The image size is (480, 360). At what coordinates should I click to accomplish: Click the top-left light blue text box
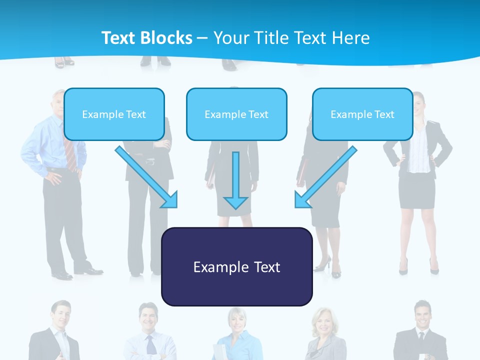tap(114, 114)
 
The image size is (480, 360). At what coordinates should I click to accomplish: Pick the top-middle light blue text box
tap(236, 114)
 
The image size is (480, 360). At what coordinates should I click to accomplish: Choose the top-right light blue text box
tap(362, 114)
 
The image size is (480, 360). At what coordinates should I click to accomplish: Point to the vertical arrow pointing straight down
tap(235, 180)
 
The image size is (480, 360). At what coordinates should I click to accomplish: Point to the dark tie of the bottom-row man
tap(150, 345)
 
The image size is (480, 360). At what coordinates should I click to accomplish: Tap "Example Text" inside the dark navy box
tap(236, 267)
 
